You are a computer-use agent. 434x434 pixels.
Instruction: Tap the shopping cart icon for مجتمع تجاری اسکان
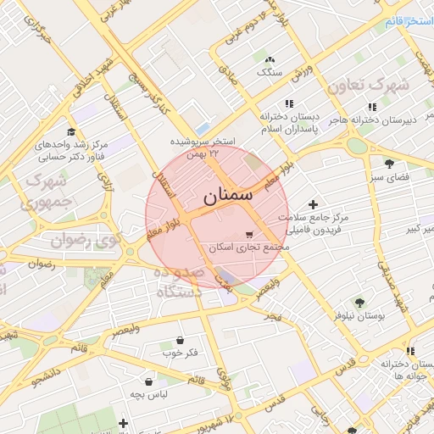248,235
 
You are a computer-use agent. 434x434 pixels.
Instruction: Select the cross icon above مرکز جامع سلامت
314,204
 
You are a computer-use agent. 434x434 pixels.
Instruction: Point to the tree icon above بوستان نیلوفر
359,301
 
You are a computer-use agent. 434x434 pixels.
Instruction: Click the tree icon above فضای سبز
389,164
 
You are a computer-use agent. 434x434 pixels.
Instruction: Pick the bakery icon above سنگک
270,60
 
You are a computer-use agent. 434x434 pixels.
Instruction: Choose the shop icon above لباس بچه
150,381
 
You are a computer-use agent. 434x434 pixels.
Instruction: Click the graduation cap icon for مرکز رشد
71,132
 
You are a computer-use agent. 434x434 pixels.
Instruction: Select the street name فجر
271,316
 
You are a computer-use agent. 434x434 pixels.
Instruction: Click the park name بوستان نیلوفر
359,315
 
